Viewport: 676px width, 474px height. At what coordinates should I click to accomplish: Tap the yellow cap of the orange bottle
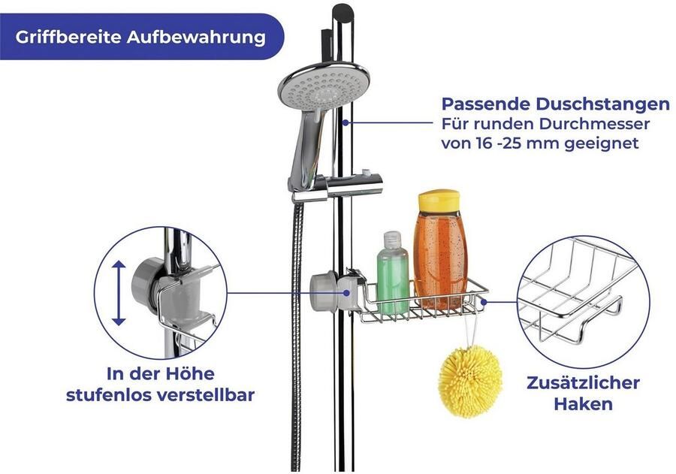click(x=439, y=201)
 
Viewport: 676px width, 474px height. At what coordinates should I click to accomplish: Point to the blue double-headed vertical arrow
click(x=119, y=293)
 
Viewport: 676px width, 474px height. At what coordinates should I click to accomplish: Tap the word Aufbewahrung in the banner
click(x=196, y=37)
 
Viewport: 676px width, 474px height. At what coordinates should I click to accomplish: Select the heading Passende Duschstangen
click(x=555, y=104)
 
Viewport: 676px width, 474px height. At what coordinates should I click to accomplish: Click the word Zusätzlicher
click(x=583, y=382)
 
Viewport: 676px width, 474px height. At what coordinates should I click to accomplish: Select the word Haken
click(x=583, y=404)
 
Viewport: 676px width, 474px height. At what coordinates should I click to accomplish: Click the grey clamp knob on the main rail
click(x=324, y=291)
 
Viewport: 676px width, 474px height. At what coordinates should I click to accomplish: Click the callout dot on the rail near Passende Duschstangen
click(x=346, y=123)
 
